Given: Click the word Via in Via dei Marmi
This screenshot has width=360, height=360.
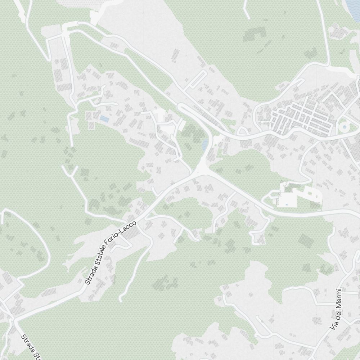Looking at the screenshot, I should pos(334,324).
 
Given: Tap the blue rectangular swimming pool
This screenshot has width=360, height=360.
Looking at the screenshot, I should pos(104,118).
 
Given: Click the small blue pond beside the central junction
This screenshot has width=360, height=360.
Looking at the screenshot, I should pos(205,145).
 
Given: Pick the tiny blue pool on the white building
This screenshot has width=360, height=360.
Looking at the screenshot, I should pos(287,205).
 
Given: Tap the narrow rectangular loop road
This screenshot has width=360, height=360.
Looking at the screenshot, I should pos(197,79).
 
